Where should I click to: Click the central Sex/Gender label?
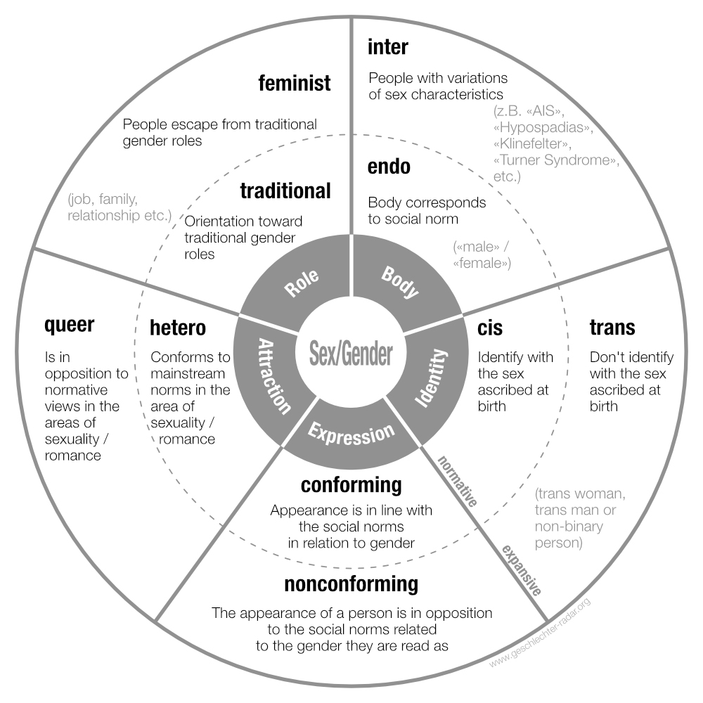351,354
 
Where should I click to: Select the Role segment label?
302,283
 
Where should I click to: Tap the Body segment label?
400,282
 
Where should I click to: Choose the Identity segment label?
432,378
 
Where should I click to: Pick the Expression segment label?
351,434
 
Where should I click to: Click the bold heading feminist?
295,84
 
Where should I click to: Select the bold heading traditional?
285,191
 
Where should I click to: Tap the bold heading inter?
388,46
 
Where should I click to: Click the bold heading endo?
389,167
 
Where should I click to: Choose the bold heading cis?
490,328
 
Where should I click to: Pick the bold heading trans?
612,328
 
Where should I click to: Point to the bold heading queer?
70,325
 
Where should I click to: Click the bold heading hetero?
178,328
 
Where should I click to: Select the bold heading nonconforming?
351,584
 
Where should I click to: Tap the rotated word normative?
458,481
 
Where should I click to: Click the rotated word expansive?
522,570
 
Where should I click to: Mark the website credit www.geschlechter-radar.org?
540,633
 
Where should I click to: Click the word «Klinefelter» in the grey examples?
532,143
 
